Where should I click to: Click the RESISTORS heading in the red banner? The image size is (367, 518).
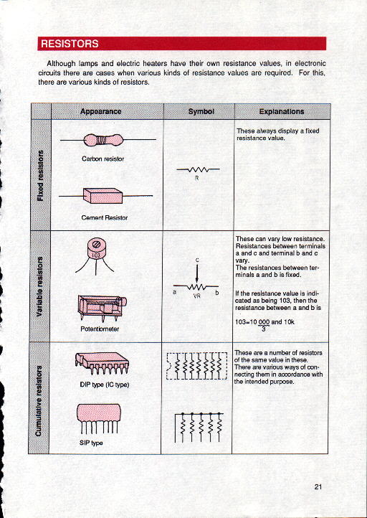point(70,44)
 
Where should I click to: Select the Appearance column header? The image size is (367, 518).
point(100,111)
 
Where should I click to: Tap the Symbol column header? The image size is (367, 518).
point(201,112)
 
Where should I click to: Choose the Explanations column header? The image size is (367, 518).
point(282,112)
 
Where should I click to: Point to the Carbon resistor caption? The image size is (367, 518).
point(103,159)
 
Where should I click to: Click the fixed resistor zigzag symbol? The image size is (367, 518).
point(198,169)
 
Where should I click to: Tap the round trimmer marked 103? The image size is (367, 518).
point(95,257)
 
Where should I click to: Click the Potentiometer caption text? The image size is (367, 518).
point(100,329)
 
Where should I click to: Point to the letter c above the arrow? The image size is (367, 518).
point(197,260)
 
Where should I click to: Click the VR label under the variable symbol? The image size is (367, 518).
point(197,296)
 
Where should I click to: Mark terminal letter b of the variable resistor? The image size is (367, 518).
point(217,293)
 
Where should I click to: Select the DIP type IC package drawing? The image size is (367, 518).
point(102,364)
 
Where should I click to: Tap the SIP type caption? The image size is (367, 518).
point(91,443)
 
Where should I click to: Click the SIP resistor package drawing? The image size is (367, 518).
point(99,418)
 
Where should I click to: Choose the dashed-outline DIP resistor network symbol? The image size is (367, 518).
point(197,366)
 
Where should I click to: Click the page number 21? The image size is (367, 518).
point(318,486)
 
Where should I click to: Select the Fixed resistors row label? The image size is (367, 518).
point(40,175)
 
